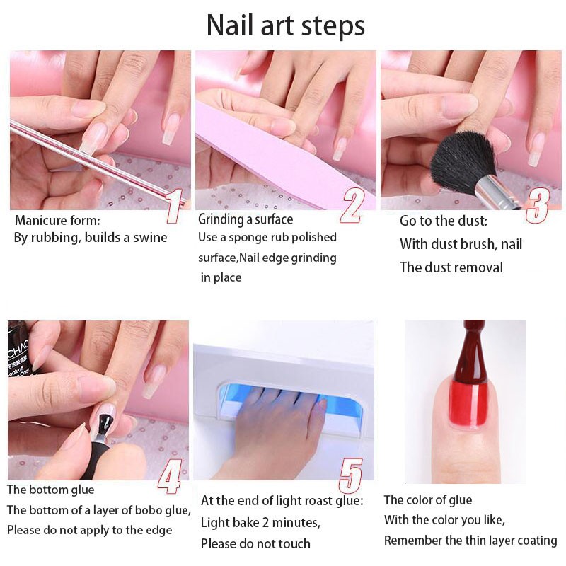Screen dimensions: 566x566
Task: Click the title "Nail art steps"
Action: coord(286,25)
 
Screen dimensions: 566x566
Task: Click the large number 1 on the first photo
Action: coord(174,206)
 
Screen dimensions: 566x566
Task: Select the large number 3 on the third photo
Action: coord(538,206)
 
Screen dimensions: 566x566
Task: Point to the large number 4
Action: coord(170,476)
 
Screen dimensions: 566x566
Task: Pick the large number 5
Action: coord(350,476)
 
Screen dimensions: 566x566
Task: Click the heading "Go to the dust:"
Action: coord(444,221)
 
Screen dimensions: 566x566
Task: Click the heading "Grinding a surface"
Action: coord(246,219)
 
